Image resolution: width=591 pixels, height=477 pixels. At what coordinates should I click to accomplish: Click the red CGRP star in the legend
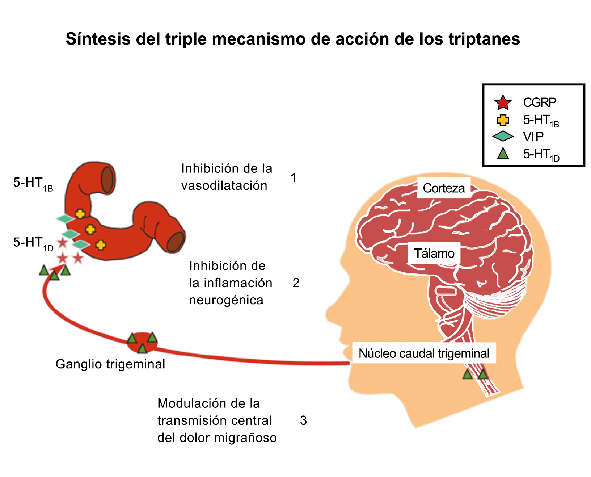(x=503, y=103)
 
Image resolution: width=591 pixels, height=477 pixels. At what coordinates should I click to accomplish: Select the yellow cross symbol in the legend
(x=503, y=120)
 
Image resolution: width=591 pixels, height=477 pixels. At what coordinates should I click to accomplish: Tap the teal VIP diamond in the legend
(x=503, y=137)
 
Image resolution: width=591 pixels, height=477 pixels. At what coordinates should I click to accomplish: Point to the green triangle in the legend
(x=503, y=154)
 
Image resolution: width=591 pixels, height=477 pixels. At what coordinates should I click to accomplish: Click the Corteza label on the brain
(x=444, y=188)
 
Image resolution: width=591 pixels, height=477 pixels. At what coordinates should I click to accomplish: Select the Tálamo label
(x=434, y=253)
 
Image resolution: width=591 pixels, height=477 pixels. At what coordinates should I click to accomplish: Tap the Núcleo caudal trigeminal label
(x=424, y=353)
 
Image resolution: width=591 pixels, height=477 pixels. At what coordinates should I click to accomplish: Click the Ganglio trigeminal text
(x=110, y=364)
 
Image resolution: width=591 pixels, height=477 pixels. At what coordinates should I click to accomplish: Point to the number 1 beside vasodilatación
(x=294, y=178)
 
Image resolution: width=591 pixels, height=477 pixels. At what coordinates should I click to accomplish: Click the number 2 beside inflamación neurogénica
(x=296, y=283)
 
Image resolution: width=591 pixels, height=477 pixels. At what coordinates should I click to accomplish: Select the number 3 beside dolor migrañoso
(x=303, y=420)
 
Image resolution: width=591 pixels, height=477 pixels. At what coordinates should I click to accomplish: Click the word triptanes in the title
(x=484, y=39)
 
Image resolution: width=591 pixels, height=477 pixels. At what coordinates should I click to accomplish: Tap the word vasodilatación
(x=224, y=186)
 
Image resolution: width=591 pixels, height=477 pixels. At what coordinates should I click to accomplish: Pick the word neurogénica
(x=226, y=300)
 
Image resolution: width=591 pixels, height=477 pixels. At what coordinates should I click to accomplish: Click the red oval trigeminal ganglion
(x=142, y=342)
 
